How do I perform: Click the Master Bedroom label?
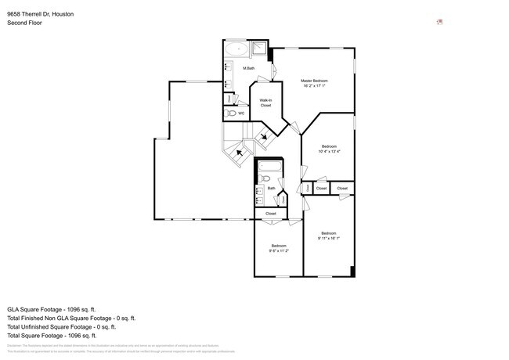[x=314, y=81]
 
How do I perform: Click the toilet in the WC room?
[x=231, y=113]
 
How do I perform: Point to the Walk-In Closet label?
[x=265, y=103]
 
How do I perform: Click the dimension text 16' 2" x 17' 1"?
[x=314, y=86]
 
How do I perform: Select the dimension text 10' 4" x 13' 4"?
[x=330, y=152]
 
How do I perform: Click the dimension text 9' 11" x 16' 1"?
[x=328, y=237]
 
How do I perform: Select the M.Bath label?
[x=249, y=69]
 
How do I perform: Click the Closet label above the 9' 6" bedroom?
[x=271, y=213]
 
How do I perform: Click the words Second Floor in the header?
[x=24, y=23]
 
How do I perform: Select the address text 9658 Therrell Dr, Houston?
[x=41, y=13]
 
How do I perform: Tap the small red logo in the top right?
[x=439, y=22]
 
